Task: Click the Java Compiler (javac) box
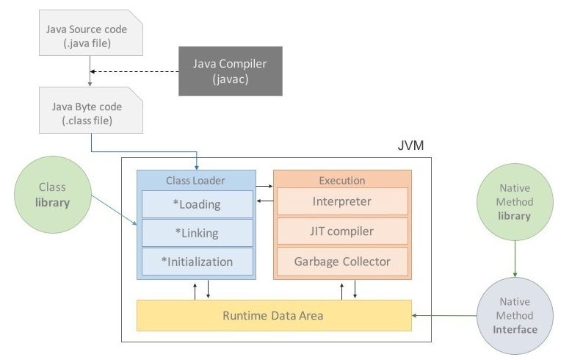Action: point(230,71)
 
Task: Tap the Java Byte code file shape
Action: point(87,112)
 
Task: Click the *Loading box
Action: point(197,204)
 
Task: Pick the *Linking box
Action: point(197,233)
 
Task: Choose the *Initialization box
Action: point(197,262)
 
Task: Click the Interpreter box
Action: point(341,201)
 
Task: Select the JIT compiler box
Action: point(341,231)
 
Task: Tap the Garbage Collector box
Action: point(341,262)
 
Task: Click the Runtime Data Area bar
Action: point(273,316)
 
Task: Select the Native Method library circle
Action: point(514,202)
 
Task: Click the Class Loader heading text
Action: point(195,180)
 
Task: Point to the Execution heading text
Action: point(341,180)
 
